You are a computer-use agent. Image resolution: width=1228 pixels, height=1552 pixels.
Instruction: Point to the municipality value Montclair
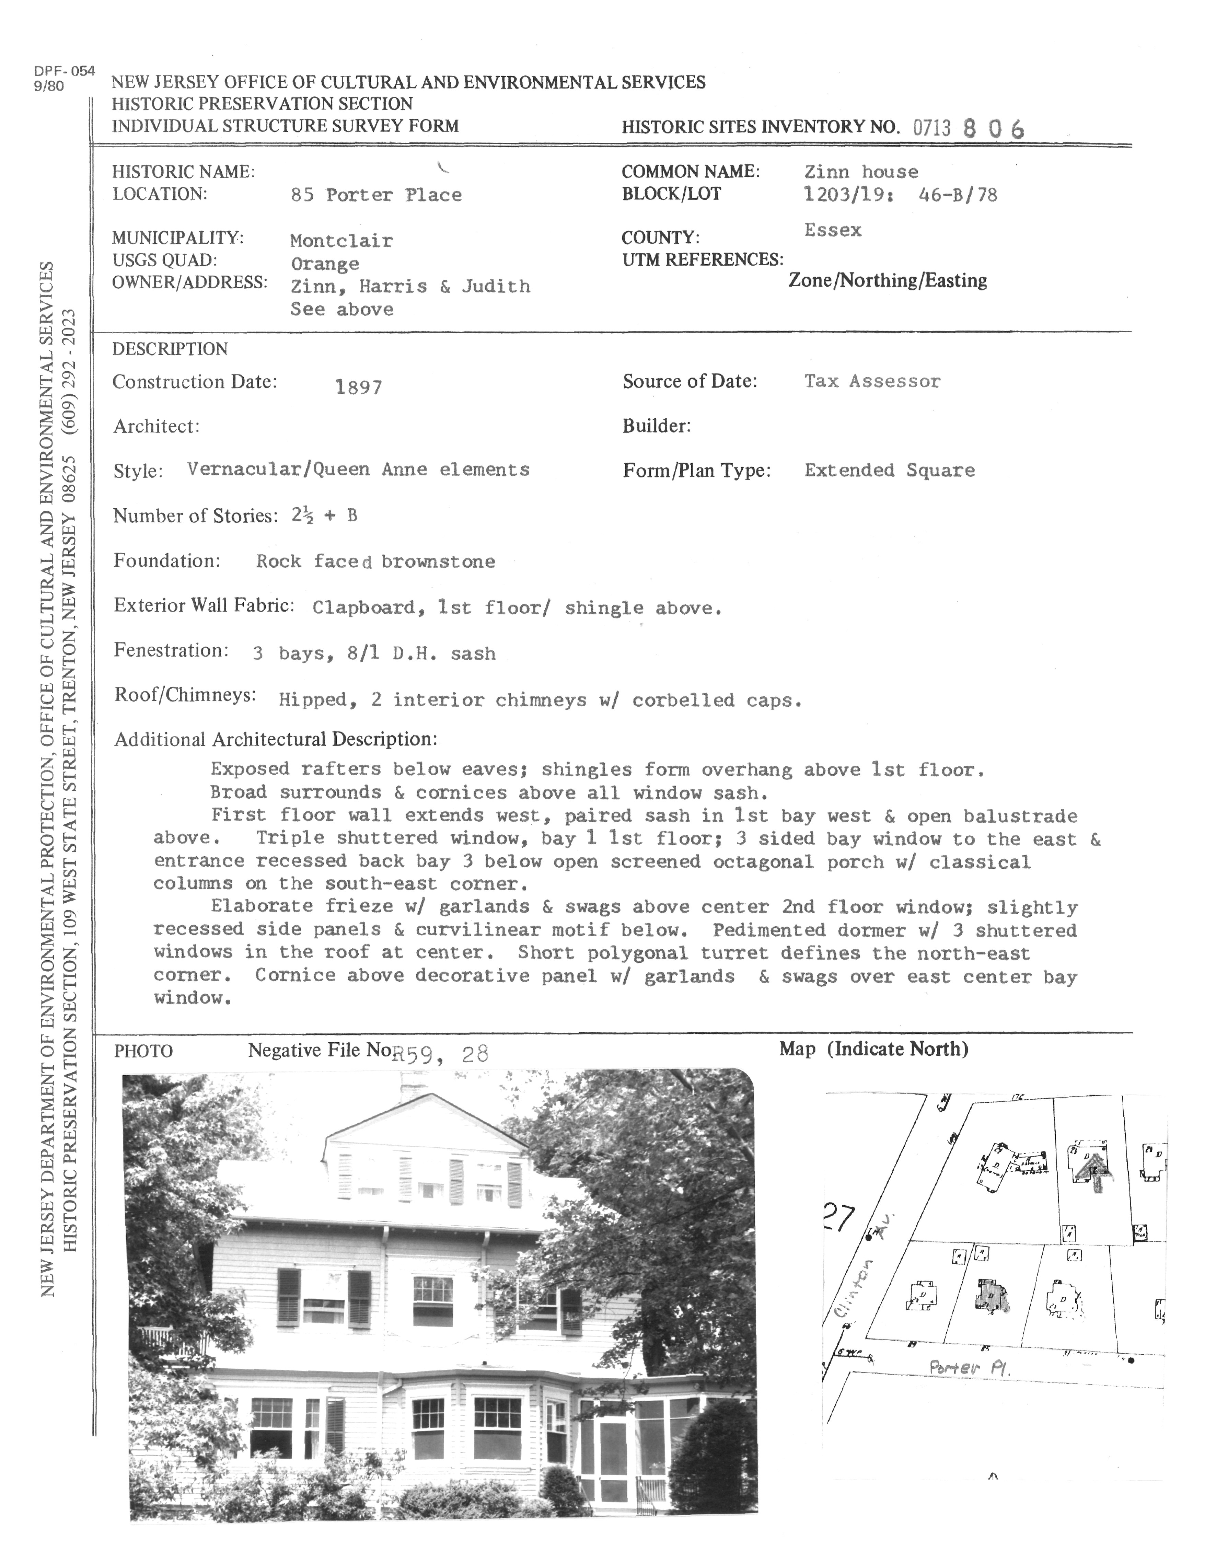pyautogui.click(x=341, y=241)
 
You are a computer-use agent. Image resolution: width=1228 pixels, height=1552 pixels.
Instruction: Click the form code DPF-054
pyautogui.click(x=64, y=71)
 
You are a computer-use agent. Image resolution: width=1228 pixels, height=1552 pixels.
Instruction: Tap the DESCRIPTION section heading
pyautogui.click(x=170, y=349)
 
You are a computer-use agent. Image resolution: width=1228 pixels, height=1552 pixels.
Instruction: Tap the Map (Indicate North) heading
pyautogui.click(x=873, y=1050)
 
